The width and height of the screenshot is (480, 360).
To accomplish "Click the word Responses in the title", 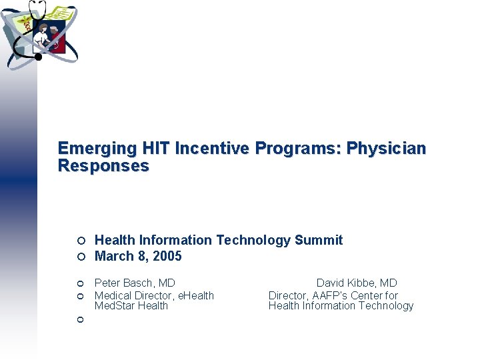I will click(103, 166).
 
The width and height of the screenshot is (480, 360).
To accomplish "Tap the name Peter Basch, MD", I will click(135, 283).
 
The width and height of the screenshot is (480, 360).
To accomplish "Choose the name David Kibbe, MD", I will click(357, 283).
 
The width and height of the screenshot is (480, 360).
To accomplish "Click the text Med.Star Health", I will click(131, 306).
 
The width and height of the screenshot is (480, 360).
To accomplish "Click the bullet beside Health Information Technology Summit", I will click(79, 241).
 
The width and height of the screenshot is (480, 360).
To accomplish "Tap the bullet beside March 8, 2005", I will click(79, 257).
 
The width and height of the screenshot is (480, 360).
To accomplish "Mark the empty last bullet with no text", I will click(79, 320).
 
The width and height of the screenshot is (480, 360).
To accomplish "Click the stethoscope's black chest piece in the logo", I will click(38, 57).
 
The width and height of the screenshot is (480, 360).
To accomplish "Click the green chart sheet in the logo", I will click(60, 14).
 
